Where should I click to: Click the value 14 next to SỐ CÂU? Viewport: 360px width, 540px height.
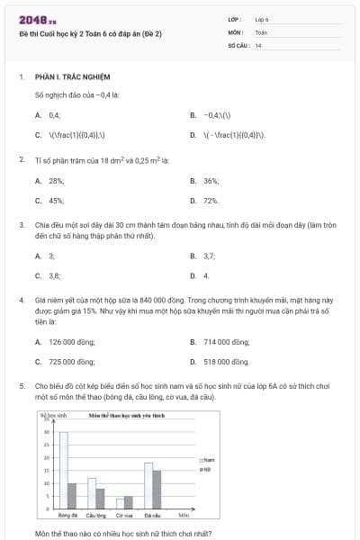click(258, 44)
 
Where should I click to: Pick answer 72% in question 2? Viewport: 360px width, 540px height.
click(211, 201)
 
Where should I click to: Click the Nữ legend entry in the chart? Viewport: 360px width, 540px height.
click(207, 470)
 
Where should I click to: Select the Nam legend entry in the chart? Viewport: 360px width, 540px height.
click(208, 460)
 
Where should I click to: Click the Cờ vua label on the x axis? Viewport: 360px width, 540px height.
click(124, 516)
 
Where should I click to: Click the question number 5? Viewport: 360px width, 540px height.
click(21, 385)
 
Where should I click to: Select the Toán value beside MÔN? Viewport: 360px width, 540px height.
click(261, 31)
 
